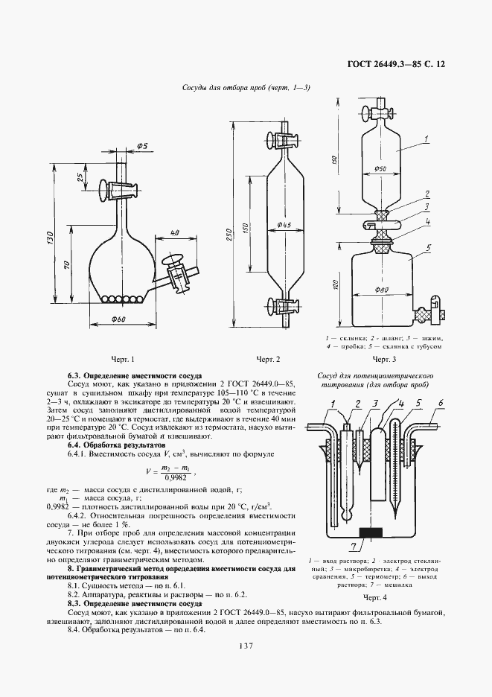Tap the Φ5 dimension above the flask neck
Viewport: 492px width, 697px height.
tap(142, 146)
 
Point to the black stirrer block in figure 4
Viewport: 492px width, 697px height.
tap(370, 532)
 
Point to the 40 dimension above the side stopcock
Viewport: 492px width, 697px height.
tap(173, 234)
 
